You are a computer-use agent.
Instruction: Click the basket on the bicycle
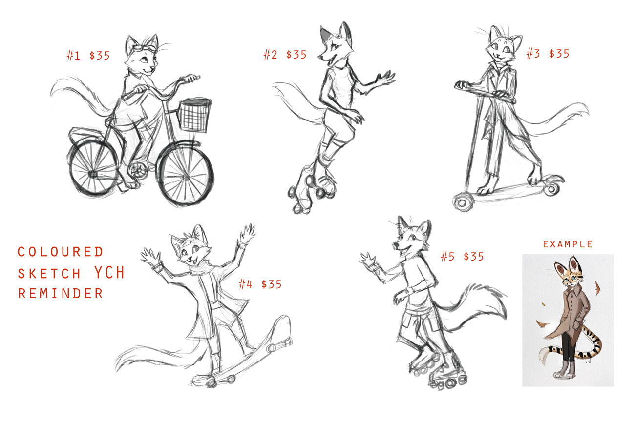[195, 115]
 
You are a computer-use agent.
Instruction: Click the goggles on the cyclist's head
[144, 48]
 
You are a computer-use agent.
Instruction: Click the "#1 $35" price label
[88, 56]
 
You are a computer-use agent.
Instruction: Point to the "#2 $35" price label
[285, 54]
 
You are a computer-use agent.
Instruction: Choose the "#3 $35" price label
[548, 53]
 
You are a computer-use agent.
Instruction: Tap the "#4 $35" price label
[260, 284]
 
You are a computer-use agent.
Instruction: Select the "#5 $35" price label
[463, 256]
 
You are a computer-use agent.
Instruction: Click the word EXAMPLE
[568, 244]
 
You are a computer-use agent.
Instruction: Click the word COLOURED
[61, 252]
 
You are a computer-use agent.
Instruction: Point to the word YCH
[110, 272]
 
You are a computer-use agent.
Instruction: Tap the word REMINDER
[61, 293]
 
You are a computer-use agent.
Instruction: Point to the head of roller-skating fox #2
[336, 45]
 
